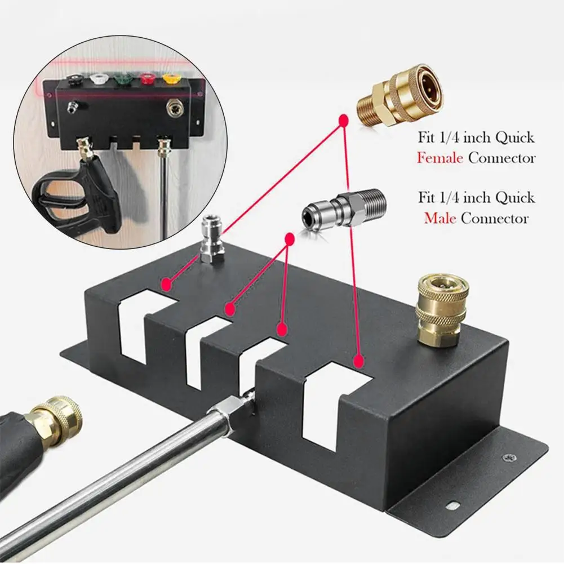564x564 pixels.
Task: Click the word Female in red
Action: (x=441, y=158)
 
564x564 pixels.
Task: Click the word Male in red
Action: (x=439, y=218)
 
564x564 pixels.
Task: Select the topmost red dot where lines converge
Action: (x=342, y=121)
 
